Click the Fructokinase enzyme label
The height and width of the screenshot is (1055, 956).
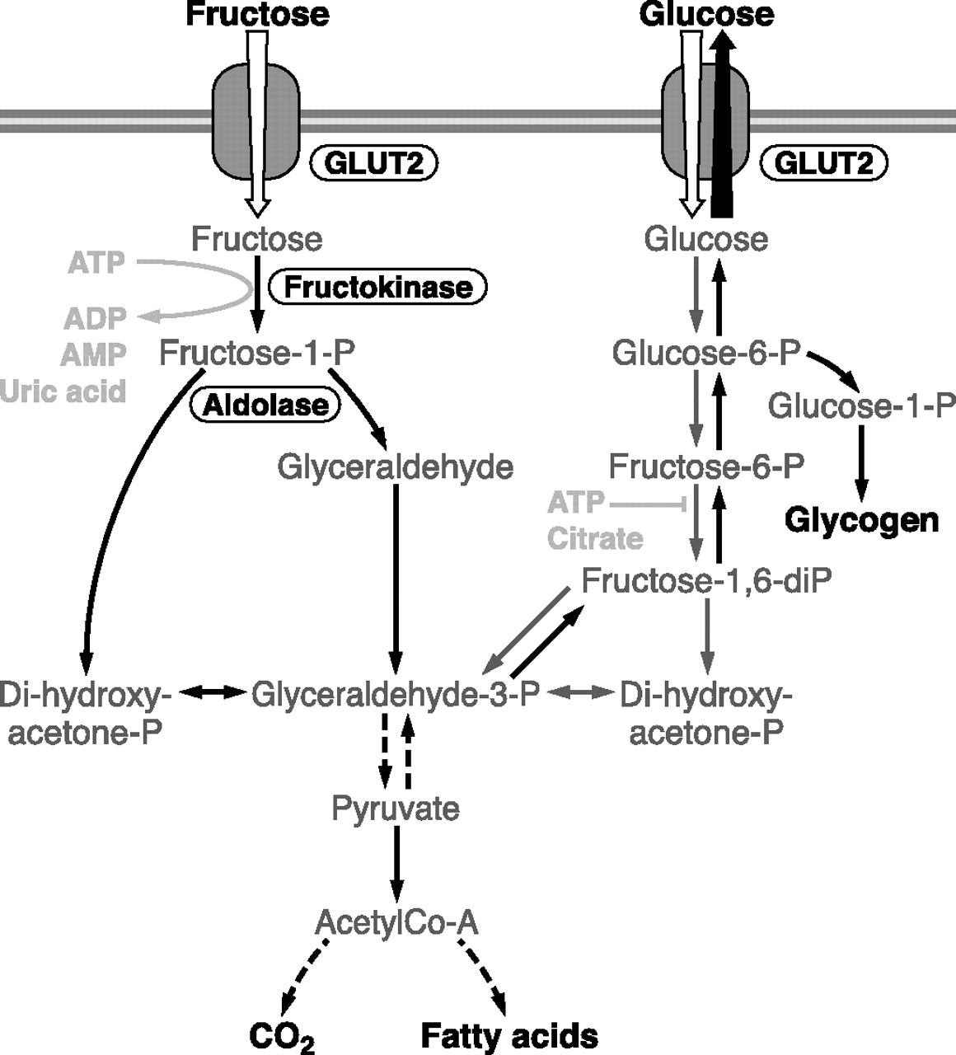(378, 287)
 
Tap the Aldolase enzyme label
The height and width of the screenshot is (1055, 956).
(265, 405)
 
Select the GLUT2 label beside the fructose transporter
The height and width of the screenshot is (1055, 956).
(373, 163)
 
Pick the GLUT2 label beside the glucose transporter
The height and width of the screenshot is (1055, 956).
(823, 163)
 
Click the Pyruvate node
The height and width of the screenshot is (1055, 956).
(396, 808)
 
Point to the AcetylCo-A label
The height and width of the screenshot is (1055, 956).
(396, 922)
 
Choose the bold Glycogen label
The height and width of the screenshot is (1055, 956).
(861, 520)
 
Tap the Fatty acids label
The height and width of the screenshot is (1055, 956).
(509, 1035)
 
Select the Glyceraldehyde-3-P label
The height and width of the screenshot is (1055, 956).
(395, 694)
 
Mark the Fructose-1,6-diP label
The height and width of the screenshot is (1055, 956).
(706, 580)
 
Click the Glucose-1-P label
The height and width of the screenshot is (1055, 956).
(861, 406)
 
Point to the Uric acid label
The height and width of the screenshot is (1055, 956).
(63, 391)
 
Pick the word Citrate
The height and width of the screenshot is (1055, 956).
(595, 538)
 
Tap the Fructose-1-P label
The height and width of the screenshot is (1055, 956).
(257, 353)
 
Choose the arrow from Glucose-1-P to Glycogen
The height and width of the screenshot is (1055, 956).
(861, 462)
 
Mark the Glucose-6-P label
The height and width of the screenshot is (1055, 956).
(706, 353)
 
